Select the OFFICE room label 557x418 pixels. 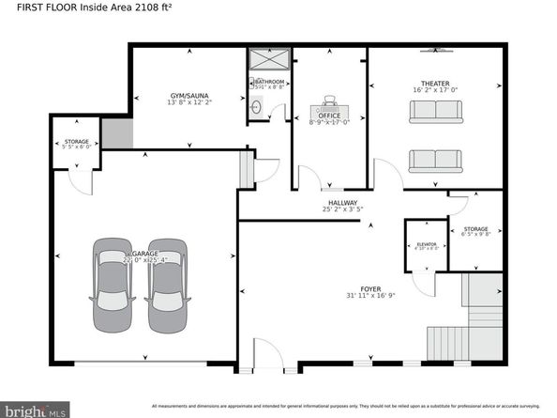point(328,116)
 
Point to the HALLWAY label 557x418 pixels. point(342,202)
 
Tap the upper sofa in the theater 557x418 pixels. point(435,113)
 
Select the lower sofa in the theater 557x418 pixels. point(435,161)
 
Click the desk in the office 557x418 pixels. point(329,101)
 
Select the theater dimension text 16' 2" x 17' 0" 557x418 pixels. point(435,91)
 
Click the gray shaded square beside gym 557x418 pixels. point(116,134)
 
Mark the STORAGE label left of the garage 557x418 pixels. point(76,141)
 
